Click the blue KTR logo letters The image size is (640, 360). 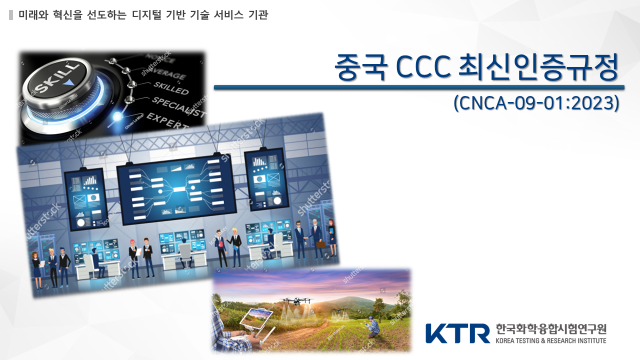click(457, 332)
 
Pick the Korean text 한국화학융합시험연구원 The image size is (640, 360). click(550, 327)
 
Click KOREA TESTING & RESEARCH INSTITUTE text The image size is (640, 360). click(550, 340)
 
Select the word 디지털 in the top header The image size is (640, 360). click(149, 17)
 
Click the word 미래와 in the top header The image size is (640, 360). click(33, 17)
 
